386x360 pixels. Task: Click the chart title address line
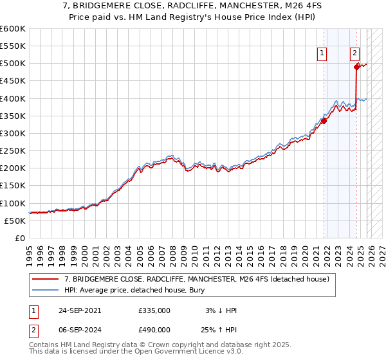point(193,6)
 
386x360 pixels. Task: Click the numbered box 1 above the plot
point(321,54)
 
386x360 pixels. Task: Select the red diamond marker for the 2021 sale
point(324,120)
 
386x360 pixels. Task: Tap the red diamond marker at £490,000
point(356,66)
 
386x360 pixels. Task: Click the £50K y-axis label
point(14,221)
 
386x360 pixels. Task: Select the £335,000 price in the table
point(154,310)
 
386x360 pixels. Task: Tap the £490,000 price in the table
point(154,332)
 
